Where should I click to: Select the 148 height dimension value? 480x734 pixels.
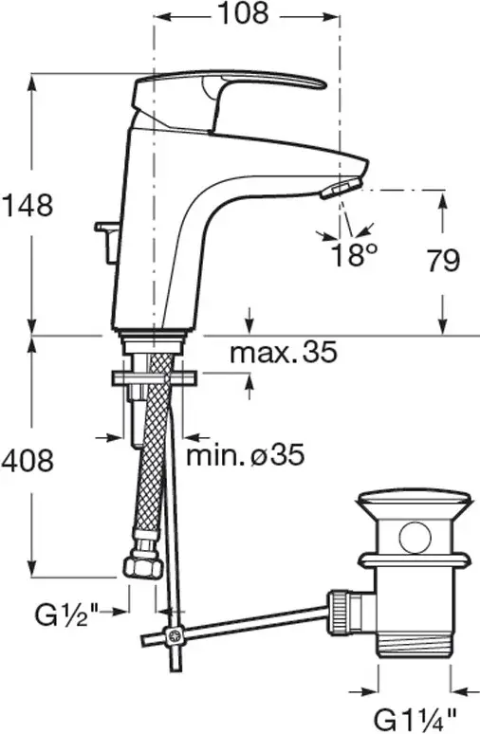(28, 205)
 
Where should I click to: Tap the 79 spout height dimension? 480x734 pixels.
(443, 261)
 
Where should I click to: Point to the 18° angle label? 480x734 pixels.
(354, 255)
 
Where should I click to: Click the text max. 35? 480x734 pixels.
(283, 352)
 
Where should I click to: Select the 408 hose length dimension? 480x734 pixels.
(28, 461)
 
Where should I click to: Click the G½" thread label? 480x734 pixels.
(65, 613)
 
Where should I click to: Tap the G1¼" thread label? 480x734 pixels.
(415, 719)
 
